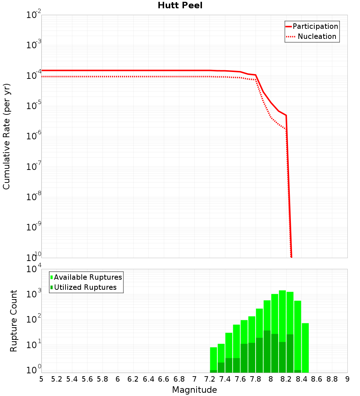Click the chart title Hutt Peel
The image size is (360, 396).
180,6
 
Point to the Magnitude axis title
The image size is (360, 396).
194,390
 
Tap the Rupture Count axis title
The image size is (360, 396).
14,321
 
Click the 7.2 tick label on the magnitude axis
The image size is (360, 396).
210,379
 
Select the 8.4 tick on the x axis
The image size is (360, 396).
301,379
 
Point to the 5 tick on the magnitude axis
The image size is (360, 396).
41,379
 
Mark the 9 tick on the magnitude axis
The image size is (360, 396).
347,379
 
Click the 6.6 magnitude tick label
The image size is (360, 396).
164,379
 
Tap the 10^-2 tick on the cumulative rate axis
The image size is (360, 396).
33,15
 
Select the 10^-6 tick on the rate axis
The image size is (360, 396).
33,136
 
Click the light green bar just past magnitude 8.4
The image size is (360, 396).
305,347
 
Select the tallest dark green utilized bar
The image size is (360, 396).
267,351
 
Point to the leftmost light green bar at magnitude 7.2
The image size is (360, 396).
213,358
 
